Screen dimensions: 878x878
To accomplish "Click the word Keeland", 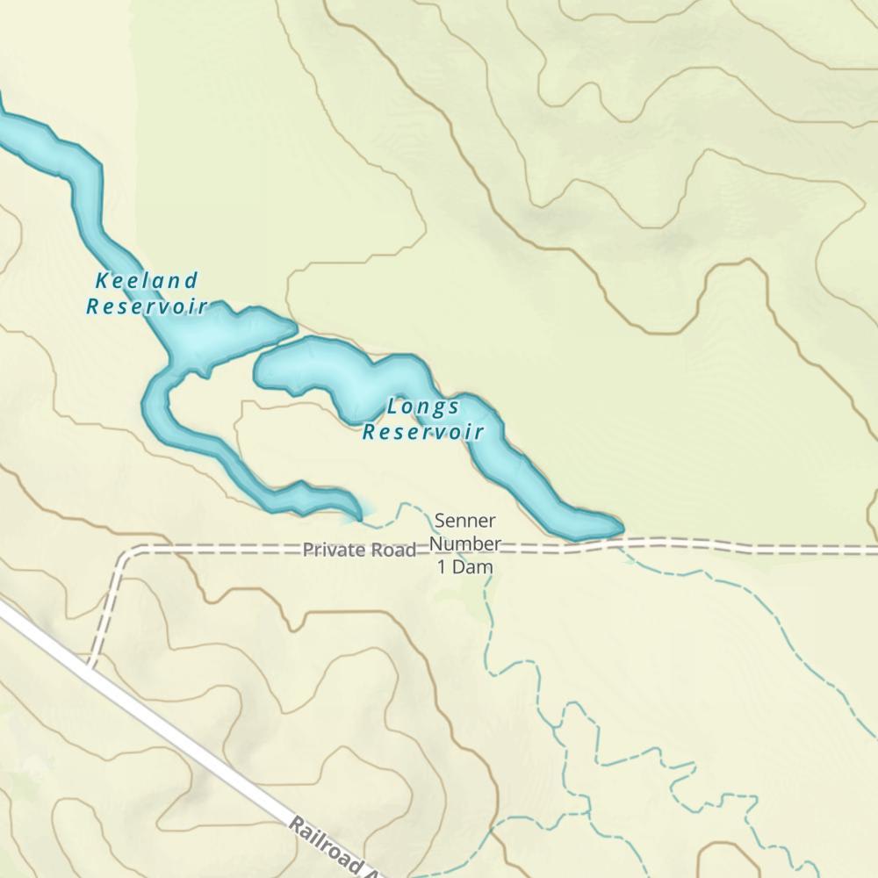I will click(x=147, y=281).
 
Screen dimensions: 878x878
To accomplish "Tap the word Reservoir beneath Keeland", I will click(x=147, y=306).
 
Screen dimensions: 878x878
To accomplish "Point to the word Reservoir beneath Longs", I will click(x=423, y=432).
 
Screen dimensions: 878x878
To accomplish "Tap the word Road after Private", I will click(x=394, y=551).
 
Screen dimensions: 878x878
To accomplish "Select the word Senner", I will click(x=464, y=521).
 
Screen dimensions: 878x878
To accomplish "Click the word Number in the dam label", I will click(x=464, y=543).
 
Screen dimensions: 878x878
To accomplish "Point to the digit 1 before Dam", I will click(x=442, y=567).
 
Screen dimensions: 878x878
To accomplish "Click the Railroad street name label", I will click(x=334, y=846).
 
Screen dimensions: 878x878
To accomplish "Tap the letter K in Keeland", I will click(x=102, y=281).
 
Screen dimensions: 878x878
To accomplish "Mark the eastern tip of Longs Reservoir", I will click(x=620, y=528).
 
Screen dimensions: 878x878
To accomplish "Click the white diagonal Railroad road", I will click(x=176, y=738).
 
